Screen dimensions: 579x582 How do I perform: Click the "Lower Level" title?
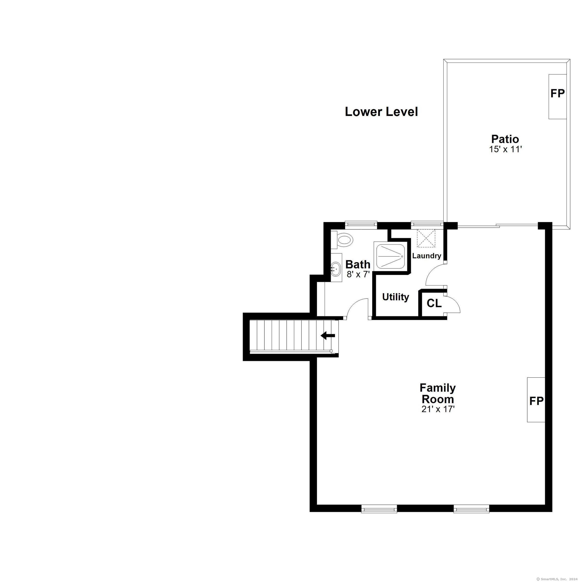381,112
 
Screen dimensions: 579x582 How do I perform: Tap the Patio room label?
505,139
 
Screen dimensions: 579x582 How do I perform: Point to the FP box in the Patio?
557,96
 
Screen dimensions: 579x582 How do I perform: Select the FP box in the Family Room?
536,400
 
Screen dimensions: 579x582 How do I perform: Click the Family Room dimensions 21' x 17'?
438,409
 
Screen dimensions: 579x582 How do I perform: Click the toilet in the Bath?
342,240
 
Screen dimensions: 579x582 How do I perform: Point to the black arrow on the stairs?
328,335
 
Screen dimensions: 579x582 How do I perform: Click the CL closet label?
434,303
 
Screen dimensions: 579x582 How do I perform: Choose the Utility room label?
395,297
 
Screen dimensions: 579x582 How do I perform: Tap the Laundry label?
426,256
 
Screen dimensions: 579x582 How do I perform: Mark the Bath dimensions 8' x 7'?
358,274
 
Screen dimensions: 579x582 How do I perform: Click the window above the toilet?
361,224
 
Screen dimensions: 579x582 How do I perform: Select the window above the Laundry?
427,224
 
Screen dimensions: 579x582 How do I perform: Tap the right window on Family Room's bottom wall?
471,509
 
